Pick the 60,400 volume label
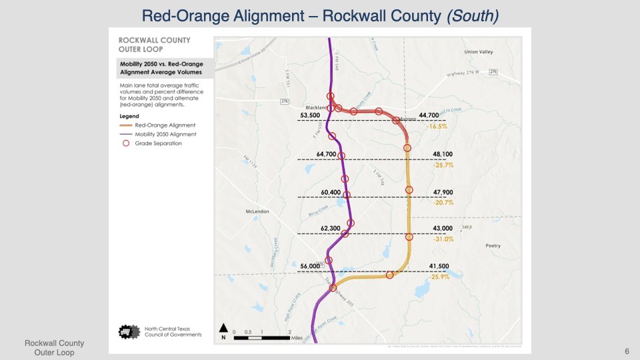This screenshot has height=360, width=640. (x=331, y=193)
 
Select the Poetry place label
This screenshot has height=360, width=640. (x=493, y=245)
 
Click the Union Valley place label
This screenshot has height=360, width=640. (x=478, y=52)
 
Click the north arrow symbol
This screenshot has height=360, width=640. (x=224, y=328)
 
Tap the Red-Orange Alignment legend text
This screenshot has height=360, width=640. (x=165, y=125)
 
